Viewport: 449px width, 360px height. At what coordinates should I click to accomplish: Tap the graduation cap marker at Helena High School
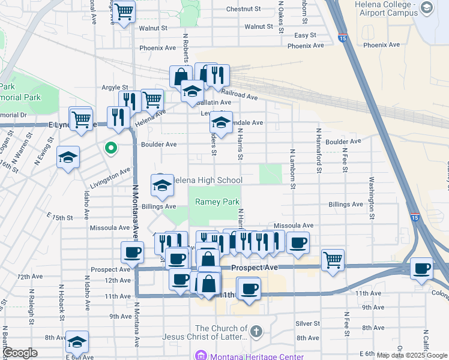[x=161, y=187]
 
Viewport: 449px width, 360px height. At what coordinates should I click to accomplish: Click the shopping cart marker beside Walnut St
[x=124, y=11]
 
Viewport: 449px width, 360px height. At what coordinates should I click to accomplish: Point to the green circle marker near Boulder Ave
[x=111, y=147]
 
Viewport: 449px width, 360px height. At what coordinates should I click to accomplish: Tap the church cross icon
[x=256, y=331]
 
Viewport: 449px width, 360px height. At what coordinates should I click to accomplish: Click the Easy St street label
[x=305, y=35]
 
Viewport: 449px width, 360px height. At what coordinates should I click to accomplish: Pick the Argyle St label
[x=114, y=88]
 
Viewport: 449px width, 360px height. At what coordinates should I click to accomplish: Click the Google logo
[x=20, y=353]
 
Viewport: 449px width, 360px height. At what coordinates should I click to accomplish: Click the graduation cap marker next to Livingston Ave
[x=68, y=158]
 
